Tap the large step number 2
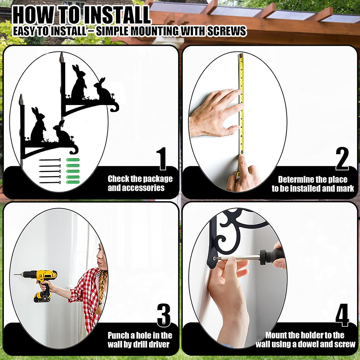(342, 158)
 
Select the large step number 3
(164, 315)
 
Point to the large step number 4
(342, 315)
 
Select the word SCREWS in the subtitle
(226, 31)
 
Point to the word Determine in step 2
(296, 179)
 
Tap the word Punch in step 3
(118, 336)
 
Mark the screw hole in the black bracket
(215, 258)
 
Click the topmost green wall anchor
(73, 159)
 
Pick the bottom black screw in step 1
(50, 183)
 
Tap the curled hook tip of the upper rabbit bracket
(115, 108)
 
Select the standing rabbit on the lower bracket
(38, 125)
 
